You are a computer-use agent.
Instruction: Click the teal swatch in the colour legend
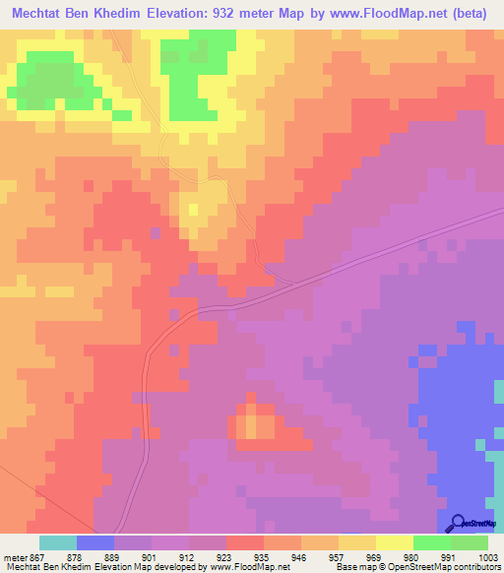(58, 542)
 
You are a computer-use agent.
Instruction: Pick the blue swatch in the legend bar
(95, 542)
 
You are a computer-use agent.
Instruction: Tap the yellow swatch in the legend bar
(395, 542)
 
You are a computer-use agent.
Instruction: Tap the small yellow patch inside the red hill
(259, 424)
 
